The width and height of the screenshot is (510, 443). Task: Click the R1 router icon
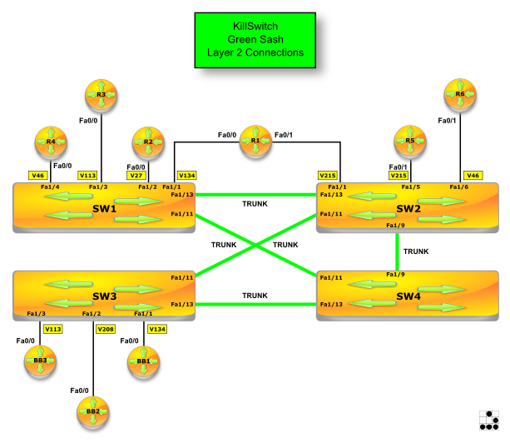pyautogui.click(x=255, y=141)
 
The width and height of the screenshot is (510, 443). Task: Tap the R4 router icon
pyautogui.click(x=51, y=142)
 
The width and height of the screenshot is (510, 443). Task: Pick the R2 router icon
pyautogui.click(x=147, y=142)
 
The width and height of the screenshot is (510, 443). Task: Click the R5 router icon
pyautogui.click(x=409, y=142)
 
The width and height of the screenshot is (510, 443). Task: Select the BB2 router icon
pyautogui.click(x=92, y=411)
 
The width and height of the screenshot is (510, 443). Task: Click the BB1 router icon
pyautogui.click(x=143, y=361)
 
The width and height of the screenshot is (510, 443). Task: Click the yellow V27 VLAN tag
pyautogui.click(x=136, y=176)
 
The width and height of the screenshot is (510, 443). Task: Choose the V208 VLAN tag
pyautogui.click(x=106, y=329)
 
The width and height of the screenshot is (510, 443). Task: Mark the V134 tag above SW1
pyautogui.click(x=187, y=176)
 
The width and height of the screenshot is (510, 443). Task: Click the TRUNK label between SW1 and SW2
pyautogui.click(x=255, y=204)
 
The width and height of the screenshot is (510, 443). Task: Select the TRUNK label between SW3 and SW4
pyautogui.click(x=255, y=296)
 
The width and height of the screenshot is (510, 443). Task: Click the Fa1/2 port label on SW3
pyautogui.click(x=92, y=314)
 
